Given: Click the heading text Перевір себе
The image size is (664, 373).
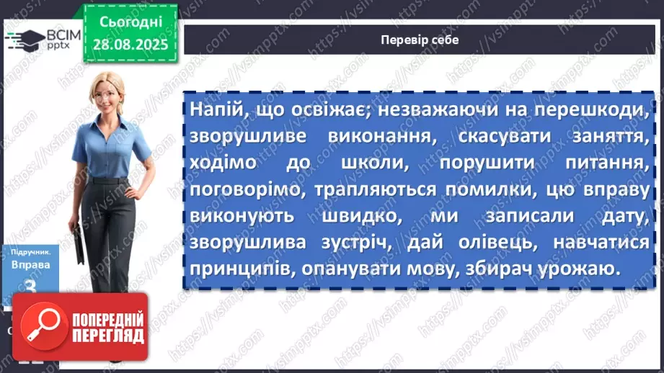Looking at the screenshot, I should click(419, 40).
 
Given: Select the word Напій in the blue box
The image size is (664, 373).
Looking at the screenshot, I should click(214, 109).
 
